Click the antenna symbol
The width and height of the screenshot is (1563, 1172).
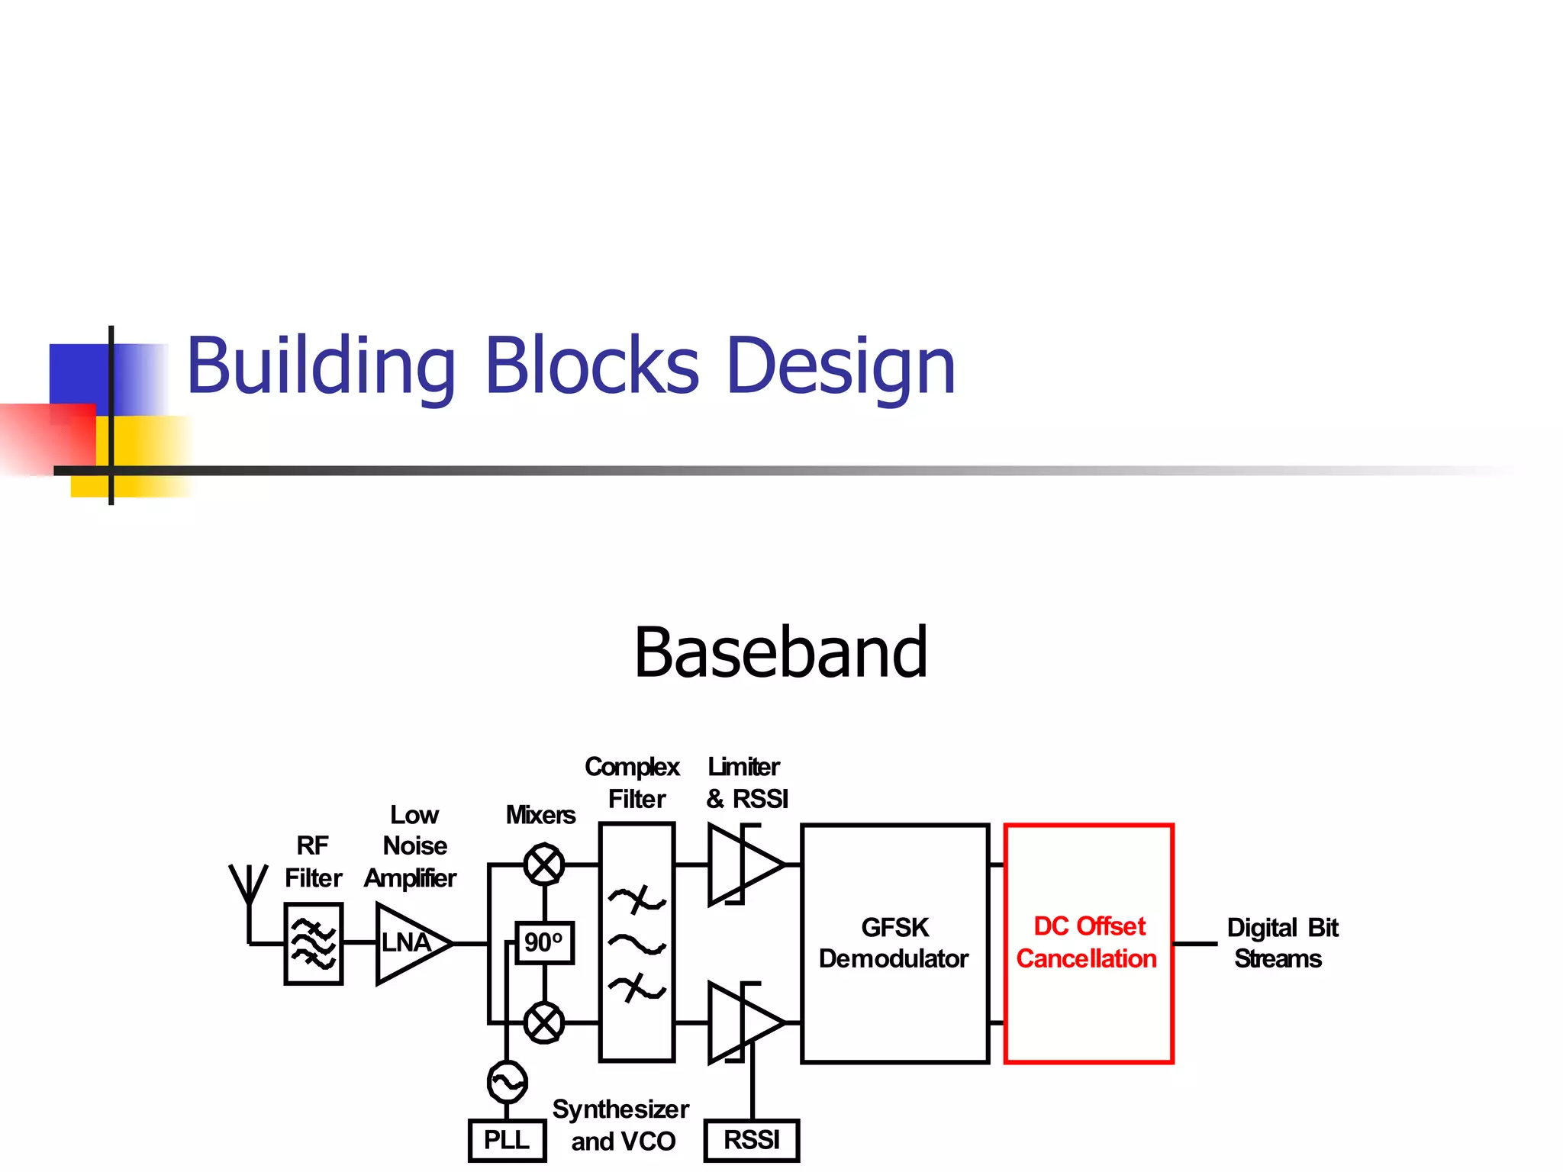249,889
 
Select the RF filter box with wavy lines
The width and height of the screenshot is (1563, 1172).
313,944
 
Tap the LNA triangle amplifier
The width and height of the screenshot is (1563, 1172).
408,944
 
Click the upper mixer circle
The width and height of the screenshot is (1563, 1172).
544,865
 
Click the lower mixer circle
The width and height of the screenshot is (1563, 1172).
544,1022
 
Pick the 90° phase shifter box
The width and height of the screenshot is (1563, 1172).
544,943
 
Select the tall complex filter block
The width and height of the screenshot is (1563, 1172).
637,943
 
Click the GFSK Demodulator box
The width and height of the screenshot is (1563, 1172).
894,943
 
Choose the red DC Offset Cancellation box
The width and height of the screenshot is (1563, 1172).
1088,943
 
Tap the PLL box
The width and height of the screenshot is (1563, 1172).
507,1140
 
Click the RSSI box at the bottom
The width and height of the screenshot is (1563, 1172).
752,1140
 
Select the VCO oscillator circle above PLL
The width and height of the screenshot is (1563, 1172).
507,1081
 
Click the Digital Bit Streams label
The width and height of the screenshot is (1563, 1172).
1281,943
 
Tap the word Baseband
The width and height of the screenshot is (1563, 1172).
781,653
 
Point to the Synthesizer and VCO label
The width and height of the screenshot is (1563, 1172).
621,1125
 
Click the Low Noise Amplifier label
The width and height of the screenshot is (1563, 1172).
412,846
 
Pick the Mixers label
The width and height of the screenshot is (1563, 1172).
540,815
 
